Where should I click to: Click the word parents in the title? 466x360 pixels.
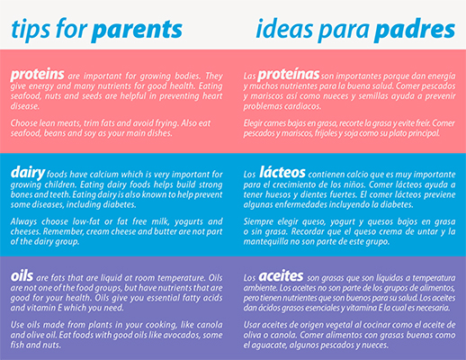pos(137,30)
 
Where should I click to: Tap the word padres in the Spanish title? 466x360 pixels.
pos(415,30)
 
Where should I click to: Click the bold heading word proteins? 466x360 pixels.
pos(37,75)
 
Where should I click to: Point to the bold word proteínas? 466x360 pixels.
pos(289,75)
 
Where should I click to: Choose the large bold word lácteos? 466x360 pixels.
pos(282,173)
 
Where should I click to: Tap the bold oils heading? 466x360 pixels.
pos(22,276)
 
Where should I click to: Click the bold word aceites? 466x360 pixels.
pos(281,276)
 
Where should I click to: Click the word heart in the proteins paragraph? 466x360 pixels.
pos(211,96)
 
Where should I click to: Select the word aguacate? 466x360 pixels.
pos(268,346)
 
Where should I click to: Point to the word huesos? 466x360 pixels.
pos(277,195)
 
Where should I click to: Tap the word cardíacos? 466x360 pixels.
pos(302,106)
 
